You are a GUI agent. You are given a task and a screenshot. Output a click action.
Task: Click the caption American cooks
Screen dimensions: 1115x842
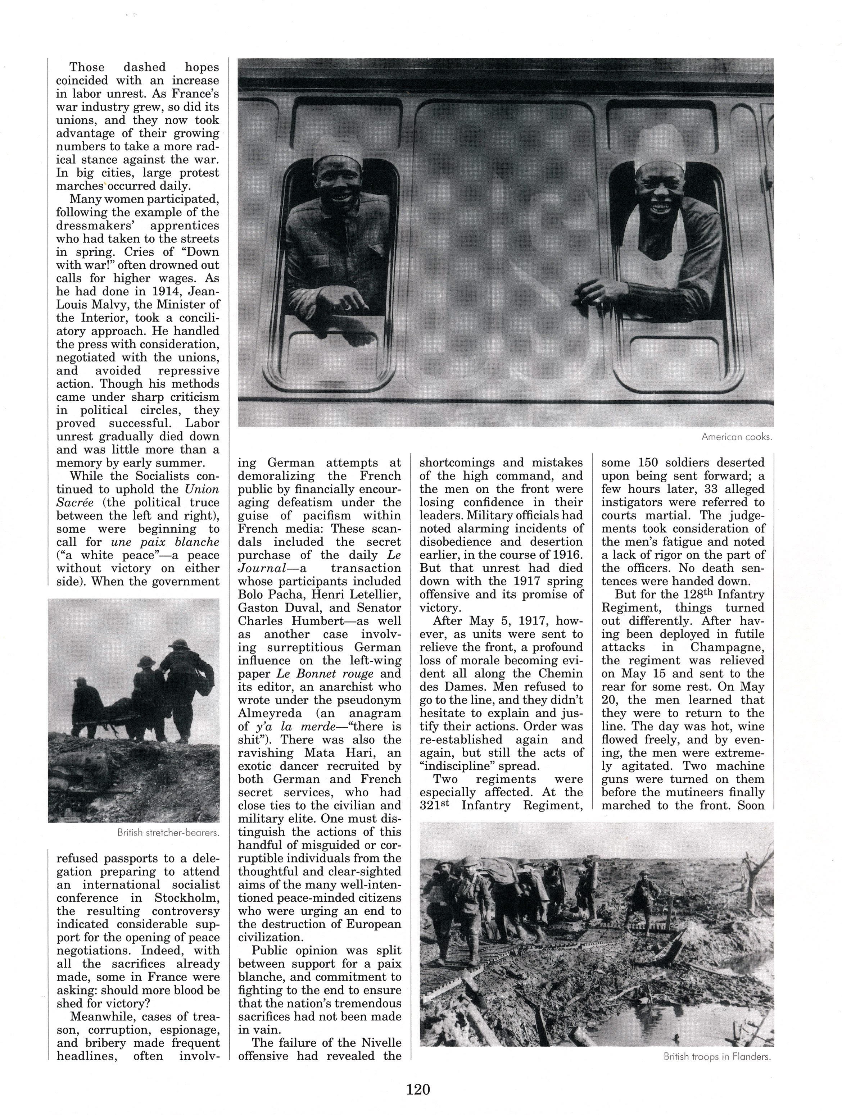736,437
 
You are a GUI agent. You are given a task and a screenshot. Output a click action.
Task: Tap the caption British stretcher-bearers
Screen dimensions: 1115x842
168,833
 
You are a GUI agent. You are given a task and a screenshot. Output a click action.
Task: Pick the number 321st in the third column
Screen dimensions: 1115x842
434,805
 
